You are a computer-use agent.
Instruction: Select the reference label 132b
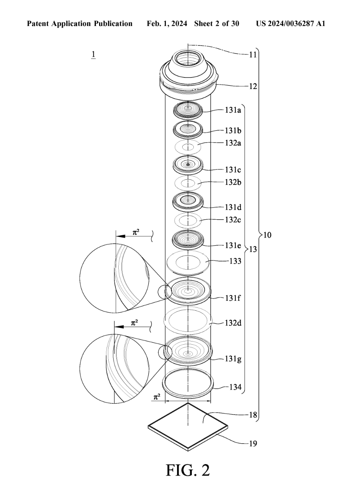pos(233,182)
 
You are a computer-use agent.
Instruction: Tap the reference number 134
pos(231,387)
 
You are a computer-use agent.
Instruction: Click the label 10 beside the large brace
pos(267,235)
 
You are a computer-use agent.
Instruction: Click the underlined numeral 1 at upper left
pos(93,54)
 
